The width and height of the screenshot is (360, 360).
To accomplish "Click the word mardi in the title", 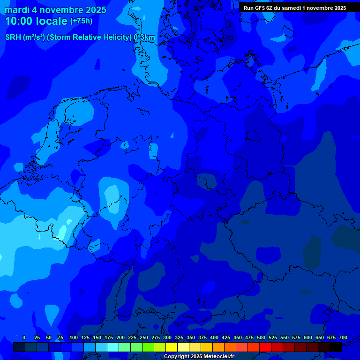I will click(x=16, y=10).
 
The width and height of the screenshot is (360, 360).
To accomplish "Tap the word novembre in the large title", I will click(x=59, y=10).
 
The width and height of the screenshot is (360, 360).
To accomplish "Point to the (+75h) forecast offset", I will click(x=81, y=21).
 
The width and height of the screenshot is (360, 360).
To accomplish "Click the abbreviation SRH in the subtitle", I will click(x=13, y=37).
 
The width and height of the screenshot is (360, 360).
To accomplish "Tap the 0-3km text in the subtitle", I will click(x=144, y=37).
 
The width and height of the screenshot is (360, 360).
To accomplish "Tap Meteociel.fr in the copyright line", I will click(x=215, y=357).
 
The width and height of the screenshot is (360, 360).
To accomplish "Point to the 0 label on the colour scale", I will click(x=24, y=337).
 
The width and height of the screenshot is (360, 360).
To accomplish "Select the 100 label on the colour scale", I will click(x=74, y=337).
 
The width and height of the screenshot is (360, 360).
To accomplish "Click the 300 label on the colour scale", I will click(x=167, y=337).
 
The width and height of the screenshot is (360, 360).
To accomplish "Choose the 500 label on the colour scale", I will click(x=261, y=337).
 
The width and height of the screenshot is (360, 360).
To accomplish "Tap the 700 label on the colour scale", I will click(x=343, y=337).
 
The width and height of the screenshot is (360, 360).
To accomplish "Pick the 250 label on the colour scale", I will click(x=144, y=337).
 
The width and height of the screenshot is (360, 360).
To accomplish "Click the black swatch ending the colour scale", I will click(x=336, y=347).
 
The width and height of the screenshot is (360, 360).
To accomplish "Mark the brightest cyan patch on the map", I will click(x=62, y=232).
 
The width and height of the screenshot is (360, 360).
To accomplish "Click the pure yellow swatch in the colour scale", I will click(x=172, y=347).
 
